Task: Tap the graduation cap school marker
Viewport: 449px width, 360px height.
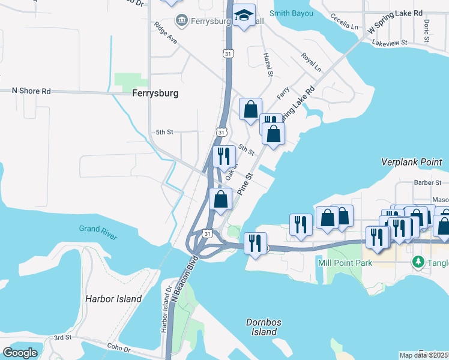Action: (244, 16)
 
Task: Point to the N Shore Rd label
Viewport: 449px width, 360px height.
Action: (31, 91)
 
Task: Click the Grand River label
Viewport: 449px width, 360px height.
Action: (98, 229)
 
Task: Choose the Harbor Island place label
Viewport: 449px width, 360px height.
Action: (113, 299)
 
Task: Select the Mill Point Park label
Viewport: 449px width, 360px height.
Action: (345, 263)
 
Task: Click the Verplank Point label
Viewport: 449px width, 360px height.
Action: (414, 162)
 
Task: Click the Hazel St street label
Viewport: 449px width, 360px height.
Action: (268, 64)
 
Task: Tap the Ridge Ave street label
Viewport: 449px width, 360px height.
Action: (166, 33)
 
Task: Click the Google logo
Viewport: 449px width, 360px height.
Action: (20, 353)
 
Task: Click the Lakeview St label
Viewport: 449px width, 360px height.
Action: (390, 43)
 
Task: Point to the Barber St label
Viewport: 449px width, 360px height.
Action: (427, 182)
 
